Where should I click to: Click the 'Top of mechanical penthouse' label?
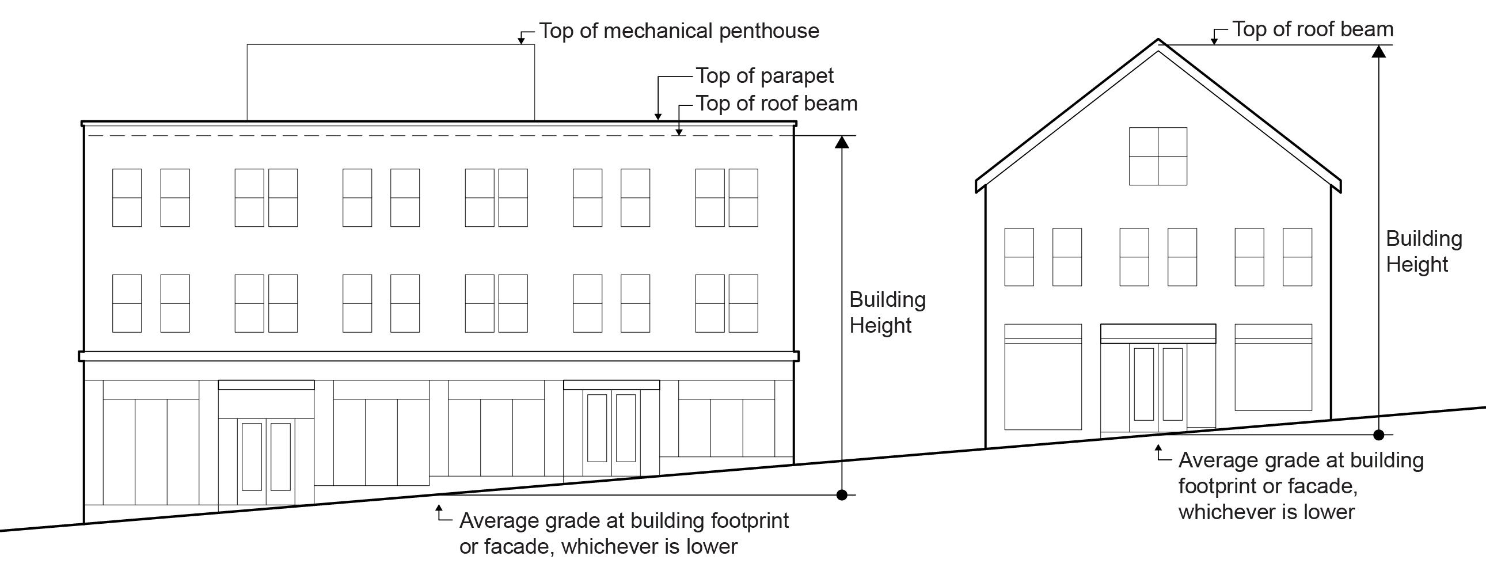click(679, 31)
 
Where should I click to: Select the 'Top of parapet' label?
click(765, 76)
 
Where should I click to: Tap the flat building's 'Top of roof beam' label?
click(777, 104)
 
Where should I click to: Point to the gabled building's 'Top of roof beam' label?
click(1313, 29)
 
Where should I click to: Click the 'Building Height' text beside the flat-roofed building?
click(887, 313)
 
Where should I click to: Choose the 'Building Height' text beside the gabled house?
click(1424, 252)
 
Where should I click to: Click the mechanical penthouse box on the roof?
click(390, 82)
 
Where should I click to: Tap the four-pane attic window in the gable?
click(1158, 157)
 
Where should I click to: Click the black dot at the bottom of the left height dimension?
click(842, 495)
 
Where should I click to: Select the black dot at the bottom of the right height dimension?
click(1379, 435)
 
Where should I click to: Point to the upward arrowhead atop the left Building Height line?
click(842, 142)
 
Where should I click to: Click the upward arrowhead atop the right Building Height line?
click(1379, 52)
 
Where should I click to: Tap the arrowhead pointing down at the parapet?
click(658, 116)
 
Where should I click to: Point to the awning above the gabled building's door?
click(1158, 333)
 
